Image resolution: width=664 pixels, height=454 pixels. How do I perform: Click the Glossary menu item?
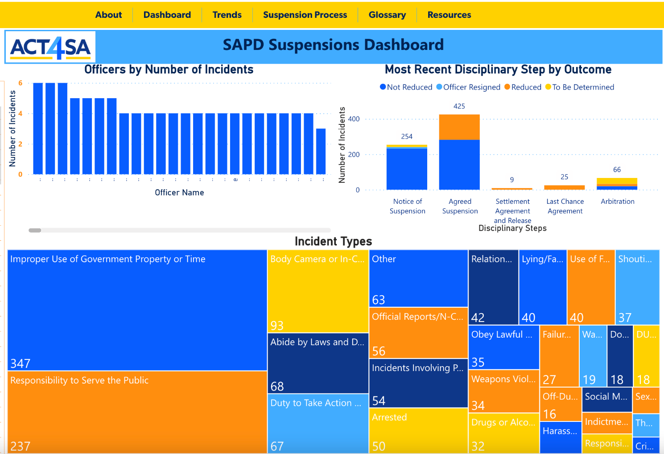coord(387,15)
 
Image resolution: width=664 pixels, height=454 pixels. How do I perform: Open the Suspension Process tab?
coord(305,15)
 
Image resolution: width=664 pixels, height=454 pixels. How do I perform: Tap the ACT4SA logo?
coord(50,47)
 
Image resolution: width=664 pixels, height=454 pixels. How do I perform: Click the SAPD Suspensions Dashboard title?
coord(333,45)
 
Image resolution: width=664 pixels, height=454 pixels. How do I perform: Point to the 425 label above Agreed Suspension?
coord(459,106)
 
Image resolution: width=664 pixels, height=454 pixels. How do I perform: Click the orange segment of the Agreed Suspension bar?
coord(459,127)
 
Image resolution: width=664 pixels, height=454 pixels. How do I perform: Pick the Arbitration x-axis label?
coord(617,202)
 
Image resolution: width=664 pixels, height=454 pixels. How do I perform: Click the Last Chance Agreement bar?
coord(564,187)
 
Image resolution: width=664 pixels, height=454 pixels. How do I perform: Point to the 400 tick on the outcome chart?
coord(354,119)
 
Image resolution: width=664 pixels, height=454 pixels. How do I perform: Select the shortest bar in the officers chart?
coord(321,151)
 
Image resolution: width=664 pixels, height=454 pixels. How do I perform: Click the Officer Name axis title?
coord(179,193)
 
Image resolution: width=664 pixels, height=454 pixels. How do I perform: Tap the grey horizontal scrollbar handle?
coord(35,230)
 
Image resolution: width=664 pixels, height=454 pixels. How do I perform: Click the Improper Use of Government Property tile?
coord(137,310)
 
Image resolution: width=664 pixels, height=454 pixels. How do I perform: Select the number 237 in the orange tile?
coord(21,446)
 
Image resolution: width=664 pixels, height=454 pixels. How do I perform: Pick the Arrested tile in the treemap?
coord(418,430)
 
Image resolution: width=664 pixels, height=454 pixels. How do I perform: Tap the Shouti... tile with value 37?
coord(637,287)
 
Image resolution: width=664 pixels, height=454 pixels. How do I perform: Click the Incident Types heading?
coord(333,241)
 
